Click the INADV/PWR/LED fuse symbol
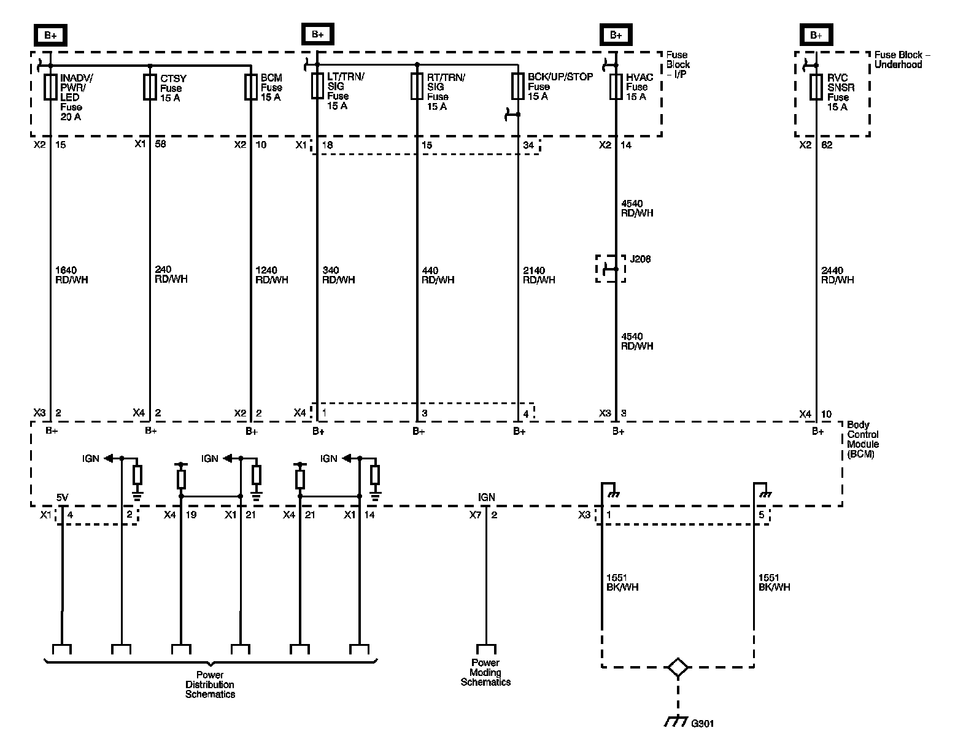[50, 88]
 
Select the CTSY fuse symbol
[150, 88]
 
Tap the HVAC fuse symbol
[616, 87]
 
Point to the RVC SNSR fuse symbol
[816, 87]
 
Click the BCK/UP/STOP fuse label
[560, 86]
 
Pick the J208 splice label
[640, 259]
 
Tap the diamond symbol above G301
[677, 667]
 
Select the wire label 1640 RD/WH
[71, 275]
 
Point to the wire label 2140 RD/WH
[539, 275]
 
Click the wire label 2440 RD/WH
[837, 275]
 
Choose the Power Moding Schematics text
[485, 672]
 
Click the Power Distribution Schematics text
[211, 684]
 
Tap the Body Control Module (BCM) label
[862, 440]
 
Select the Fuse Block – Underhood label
[902, 59]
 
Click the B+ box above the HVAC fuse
[616, 35]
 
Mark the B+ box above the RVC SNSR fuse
[816, 35]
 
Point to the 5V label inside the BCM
[63, 497]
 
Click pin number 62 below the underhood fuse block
[827, 145]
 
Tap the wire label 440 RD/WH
[438, 275]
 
